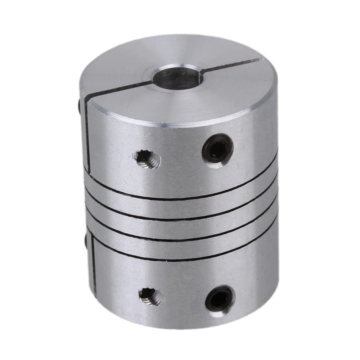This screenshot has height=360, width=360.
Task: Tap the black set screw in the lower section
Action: pos(219,298)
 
